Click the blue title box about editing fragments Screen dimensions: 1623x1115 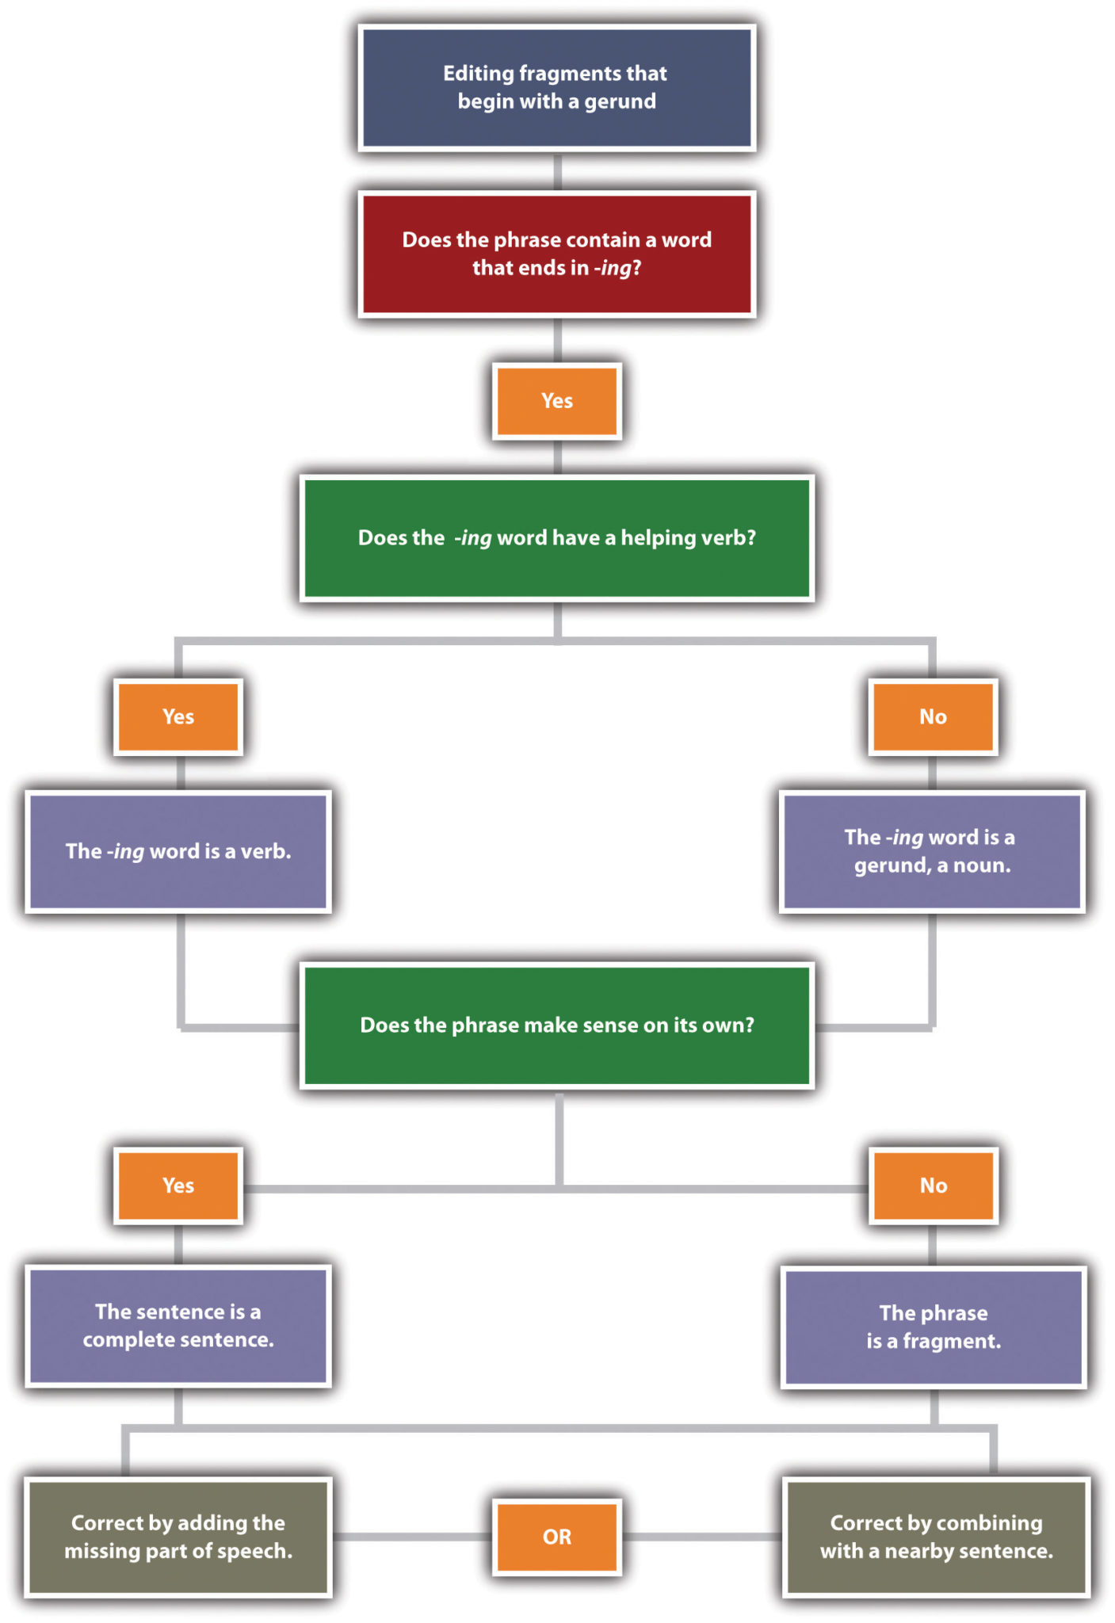coord(556,87)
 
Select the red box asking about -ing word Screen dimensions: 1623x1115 coord(556,254)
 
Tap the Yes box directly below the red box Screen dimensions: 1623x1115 coord(556,400)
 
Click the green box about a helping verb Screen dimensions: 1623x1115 coord(556,538)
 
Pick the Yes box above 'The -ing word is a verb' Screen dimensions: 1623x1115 coord(178,716)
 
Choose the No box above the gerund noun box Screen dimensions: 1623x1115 coord(933,716)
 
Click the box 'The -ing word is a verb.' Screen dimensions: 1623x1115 coord(178,851)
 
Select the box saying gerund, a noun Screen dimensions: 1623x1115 coord(932,851)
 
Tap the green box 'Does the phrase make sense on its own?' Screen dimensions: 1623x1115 coord(556,1025)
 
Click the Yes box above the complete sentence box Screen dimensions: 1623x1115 coord(178,1186)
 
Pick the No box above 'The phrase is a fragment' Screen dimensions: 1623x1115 coord(934,1186)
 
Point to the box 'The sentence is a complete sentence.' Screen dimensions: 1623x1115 coord(178,1325)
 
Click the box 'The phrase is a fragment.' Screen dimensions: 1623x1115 coord(934,1327)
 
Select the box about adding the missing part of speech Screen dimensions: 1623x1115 coord(178,1537)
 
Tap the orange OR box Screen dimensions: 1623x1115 coord(556,1537)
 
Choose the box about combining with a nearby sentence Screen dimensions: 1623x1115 coord(936,1537)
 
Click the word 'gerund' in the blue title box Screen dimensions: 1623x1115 coord(620,102)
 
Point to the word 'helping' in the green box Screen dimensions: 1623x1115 coord(658,538)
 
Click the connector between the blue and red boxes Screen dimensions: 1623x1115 coord(557,171)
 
